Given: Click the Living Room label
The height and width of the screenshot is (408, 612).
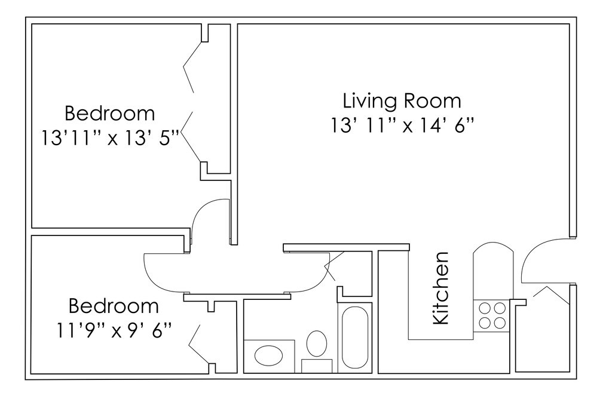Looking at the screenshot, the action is click(x=402, y=100).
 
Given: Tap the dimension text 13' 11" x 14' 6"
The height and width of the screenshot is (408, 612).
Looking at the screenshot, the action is click(x=403, y=125).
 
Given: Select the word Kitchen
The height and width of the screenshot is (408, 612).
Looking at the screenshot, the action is click(x=442, y=288).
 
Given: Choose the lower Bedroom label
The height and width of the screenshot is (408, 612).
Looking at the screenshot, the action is click(x=114, y=306).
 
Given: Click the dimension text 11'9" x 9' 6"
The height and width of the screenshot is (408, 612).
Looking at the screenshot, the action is click(x=114, y=330).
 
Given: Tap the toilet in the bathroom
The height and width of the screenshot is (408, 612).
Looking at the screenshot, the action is click(x=317, y=343).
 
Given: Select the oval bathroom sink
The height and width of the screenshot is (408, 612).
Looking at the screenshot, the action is click(x=268, y=355).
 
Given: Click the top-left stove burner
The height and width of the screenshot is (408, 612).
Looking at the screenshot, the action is click(x=485, y=308).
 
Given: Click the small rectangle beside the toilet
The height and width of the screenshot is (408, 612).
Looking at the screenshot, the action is click(x=317, y=366).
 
